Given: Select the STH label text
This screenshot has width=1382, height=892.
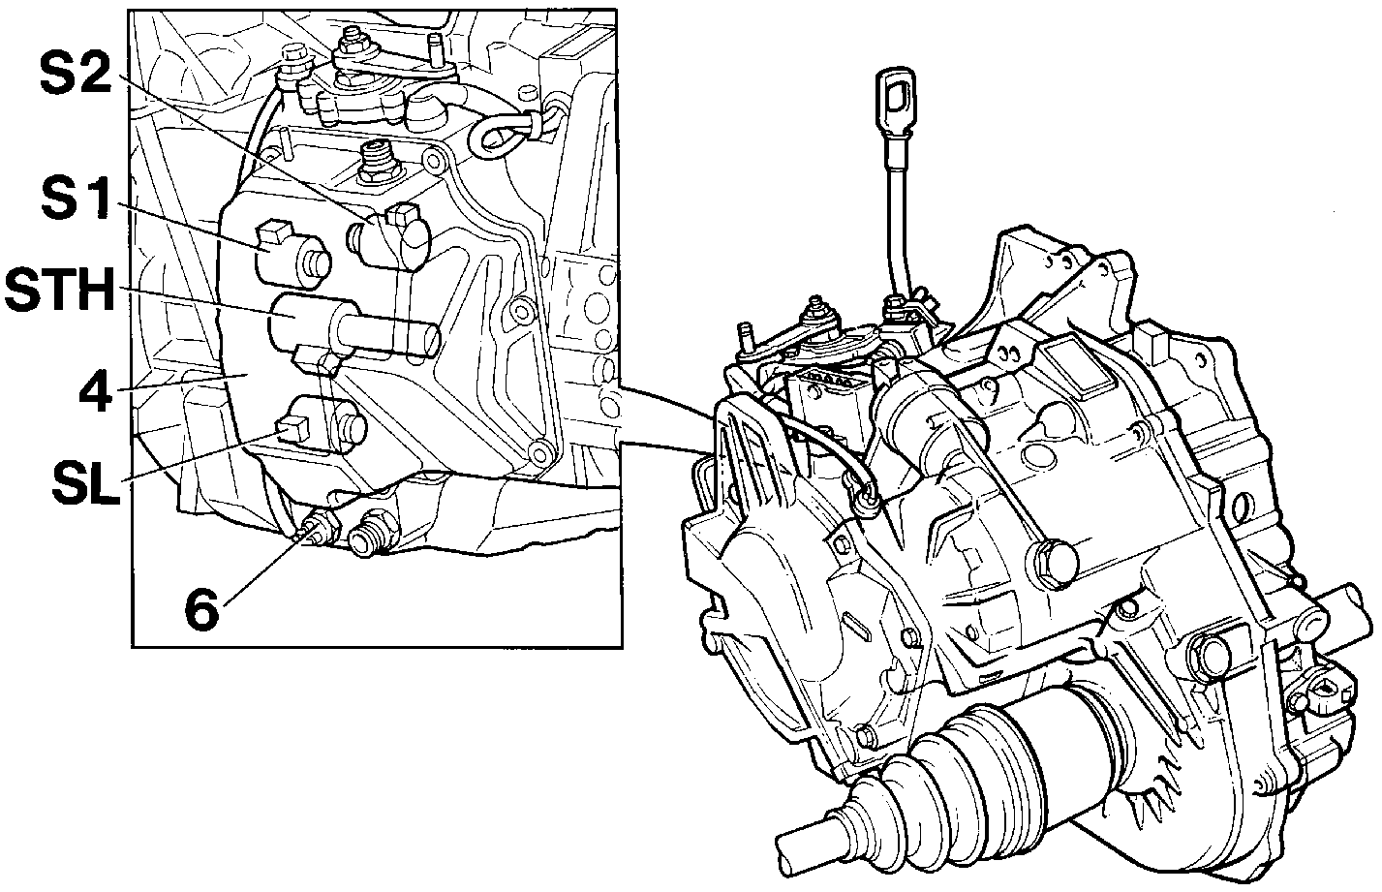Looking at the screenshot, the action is click(60, 289).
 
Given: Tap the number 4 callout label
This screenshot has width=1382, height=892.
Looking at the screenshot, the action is click(96, 391).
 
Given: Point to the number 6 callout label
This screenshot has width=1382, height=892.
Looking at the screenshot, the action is click(202, 609).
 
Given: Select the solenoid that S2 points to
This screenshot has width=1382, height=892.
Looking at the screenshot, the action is click(388, 237).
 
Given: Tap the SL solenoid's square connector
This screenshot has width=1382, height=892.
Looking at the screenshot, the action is click(291, 430).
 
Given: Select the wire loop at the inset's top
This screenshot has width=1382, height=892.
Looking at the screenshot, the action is click(501, 133).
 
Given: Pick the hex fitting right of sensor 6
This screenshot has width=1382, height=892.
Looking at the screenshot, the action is click(368, 535).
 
